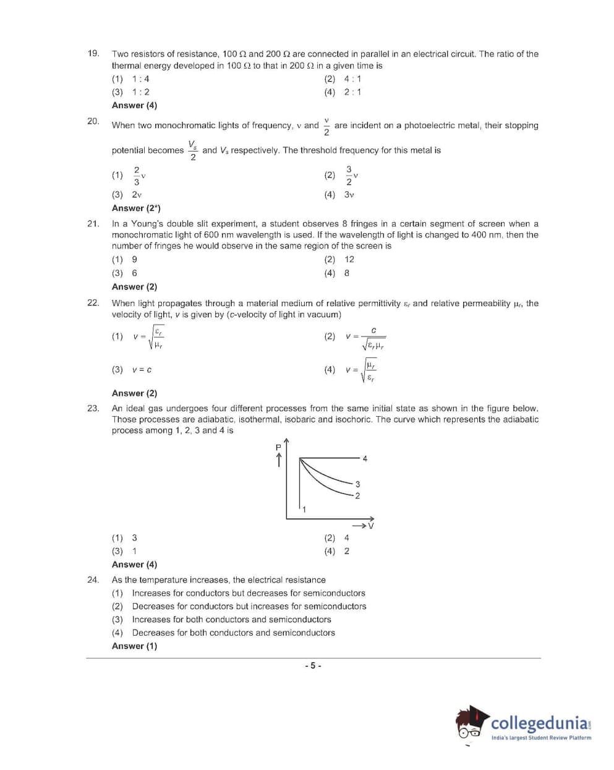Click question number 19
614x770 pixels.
click(93, 53)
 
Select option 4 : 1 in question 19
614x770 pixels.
click(352, 79)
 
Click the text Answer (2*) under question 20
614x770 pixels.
click(136, 208)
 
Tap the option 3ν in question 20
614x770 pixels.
click(349, 194)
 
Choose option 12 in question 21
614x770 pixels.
click(349, 259)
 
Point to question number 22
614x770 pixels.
click(93, 303)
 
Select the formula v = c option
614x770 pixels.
click(142, 370)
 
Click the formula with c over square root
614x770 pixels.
click(366, 338)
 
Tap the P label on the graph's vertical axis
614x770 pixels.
click(278, 447)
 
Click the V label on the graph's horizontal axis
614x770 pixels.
click(371, 526)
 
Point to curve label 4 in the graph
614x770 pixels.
click(365, 458)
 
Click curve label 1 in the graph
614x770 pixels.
click(304, 509)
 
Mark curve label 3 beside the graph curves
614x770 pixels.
click(357, 484)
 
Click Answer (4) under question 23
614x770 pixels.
click(134, 564)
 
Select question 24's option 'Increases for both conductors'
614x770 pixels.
click(231, 619)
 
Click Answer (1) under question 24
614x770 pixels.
click(134, 646)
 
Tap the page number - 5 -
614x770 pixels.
click(313, 665)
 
